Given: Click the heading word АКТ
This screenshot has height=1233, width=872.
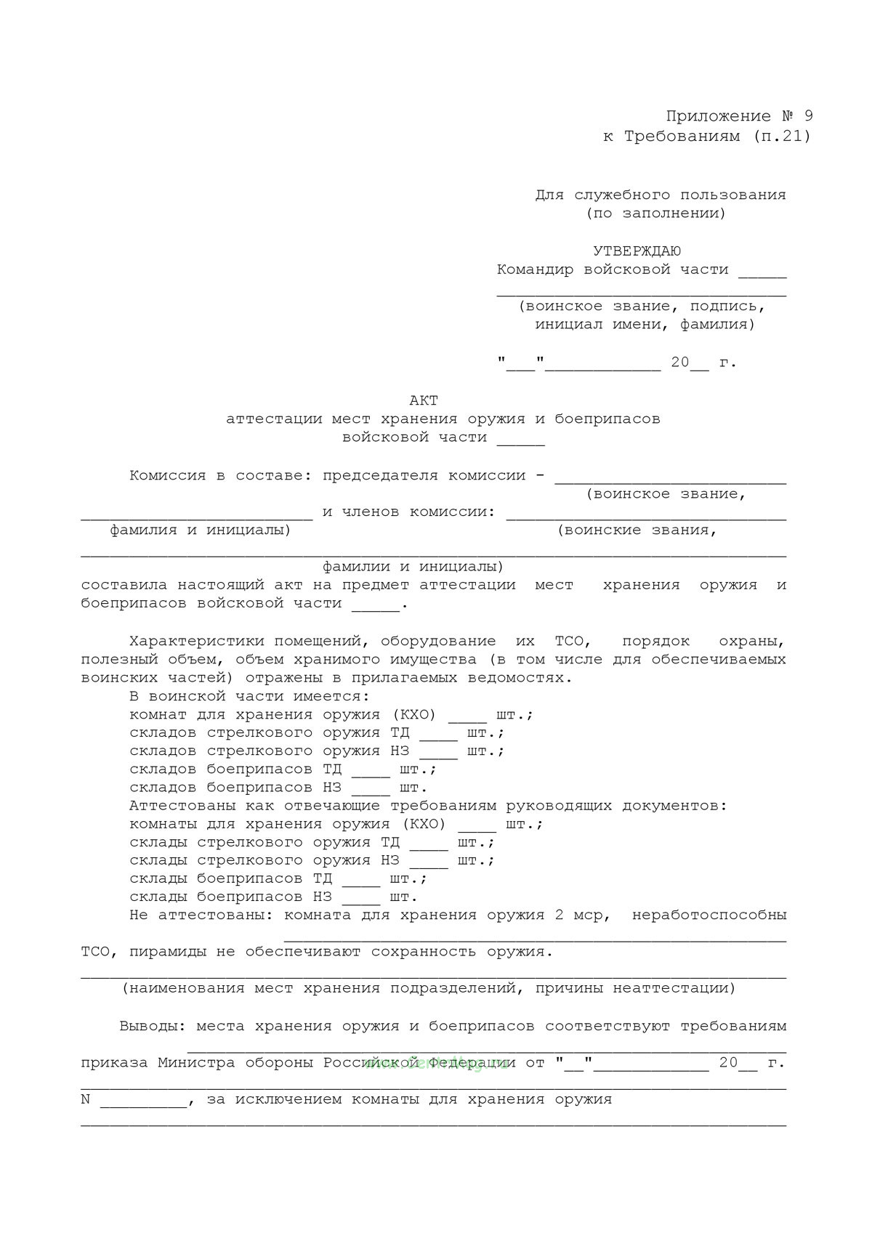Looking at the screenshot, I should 424,400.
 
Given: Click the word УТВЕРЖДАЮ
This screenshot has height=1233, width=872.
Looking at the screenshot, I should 637,251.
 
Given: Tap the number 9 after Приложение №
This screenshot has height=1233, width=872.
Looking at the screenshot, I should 809,116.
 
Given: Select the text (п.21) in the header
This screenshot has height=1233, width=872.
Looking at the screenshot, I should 782,136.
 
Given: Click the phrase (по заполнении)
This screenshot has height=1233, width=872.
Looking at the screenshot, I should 656,214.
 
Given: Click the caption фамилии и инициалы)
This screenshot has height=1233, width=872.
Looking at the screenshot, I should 413,567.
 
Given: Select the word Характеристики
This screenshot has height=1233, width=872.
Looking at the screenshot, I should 197,642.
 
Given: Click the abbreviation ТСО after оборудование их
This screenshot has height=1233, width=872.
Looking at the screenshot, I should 573,642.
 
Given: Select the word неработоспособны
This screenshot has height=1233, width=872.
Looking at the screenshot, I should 709,915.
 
